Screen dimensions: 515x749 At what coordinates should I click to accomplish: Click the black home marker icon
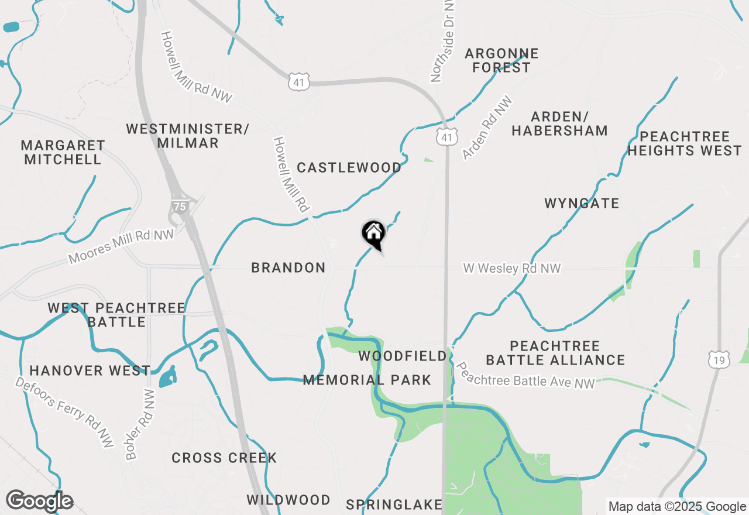[373, 234]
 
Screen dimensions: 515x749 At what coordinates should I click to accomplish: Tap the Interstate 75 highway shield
[178, 206]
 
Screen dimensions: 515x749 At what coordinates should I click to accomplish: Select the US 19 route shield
[718, 359]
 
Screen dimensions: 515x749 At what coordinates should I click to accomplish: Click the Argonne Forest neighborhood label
[501, 61]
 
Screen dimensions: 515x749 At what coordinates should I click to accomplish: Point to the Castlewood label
[349, 168]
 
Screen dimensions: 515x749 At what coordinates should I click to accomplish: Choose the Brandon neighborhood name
[288, 268]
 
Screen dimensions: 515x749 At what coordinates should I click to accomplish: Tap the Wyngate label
[582, 204]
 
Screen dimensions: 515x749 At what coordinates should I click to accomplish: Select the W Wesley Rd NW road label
[512, 269]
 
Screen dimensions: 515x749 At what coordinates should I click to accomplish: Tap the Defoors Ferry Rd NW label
[64, 412]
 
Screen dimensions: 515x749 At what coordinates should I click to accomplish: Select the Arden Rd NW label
[487, 128]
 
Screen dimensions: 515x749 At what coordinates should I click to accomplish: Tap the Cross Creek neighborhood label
[224, 458]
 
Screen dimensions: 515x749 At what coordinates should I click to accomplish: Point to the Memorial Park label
[367, 380]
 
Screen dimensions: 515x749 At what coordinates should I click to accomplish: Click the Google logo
[40, 501]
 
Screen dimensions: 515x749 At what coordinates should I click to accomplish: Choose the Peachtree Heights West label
[684, 144]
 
